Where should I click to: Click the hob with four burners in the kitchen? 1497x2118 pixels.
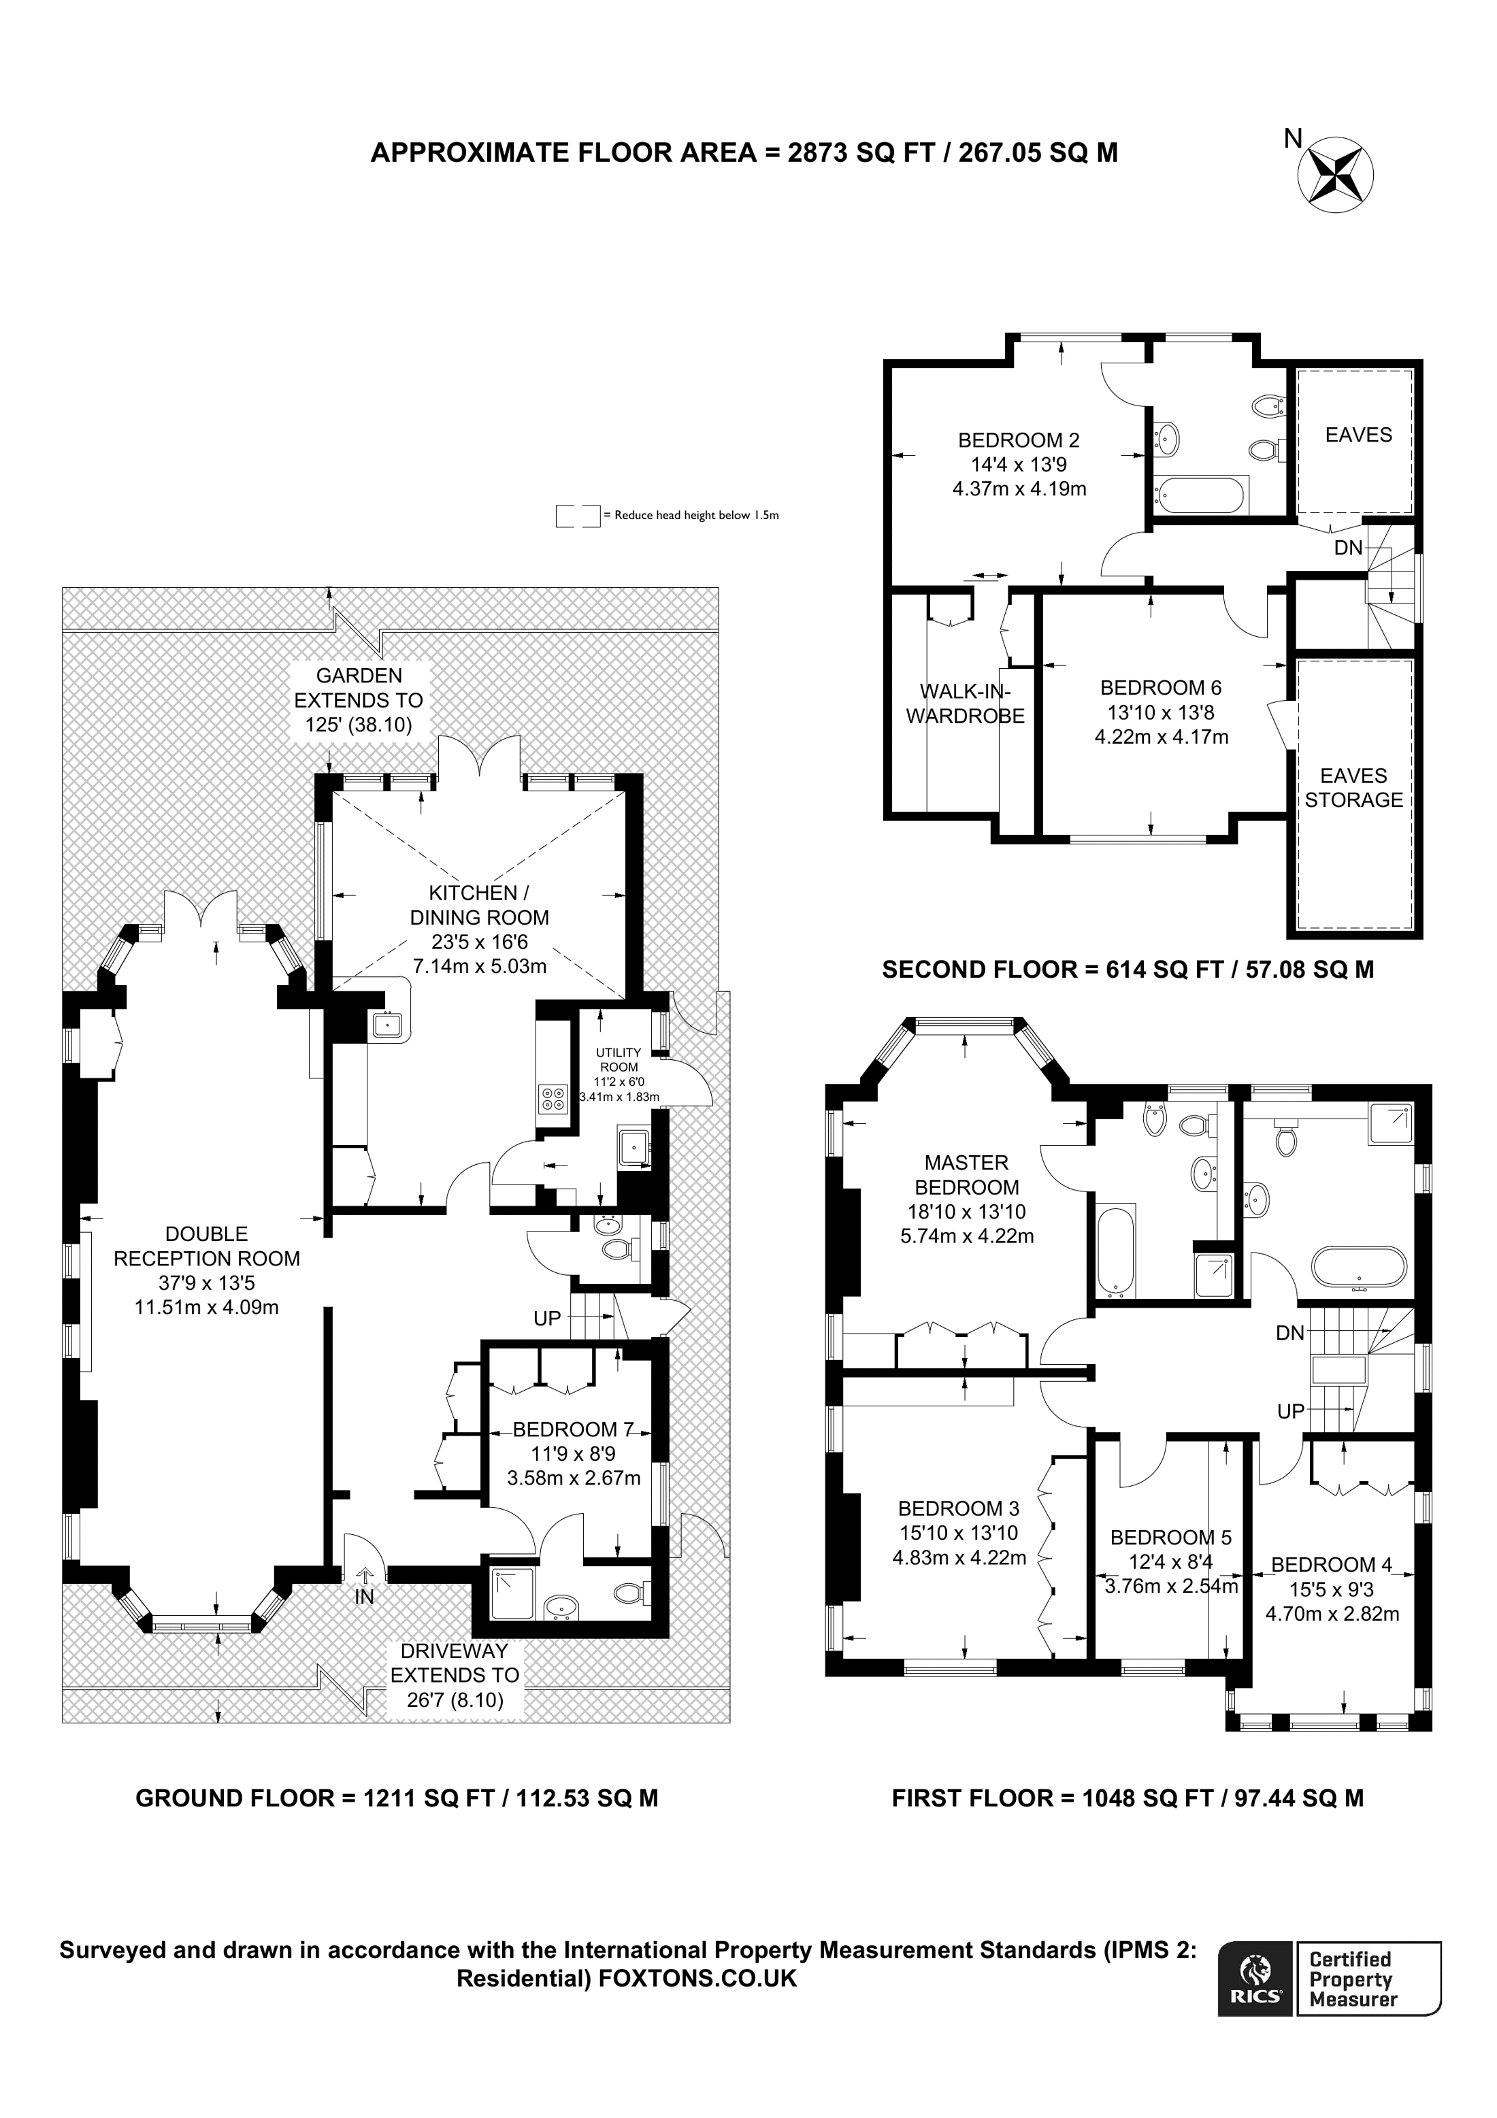555,1097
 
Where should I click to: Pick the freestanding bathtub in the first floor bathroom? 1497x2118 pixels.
1360,1268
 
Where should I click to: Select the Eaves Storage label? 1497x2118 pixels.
1353,788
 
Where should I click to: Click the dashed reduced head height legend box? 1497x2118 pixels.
578,516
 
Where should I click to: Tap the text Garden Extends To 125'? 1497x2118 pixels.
359,700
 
